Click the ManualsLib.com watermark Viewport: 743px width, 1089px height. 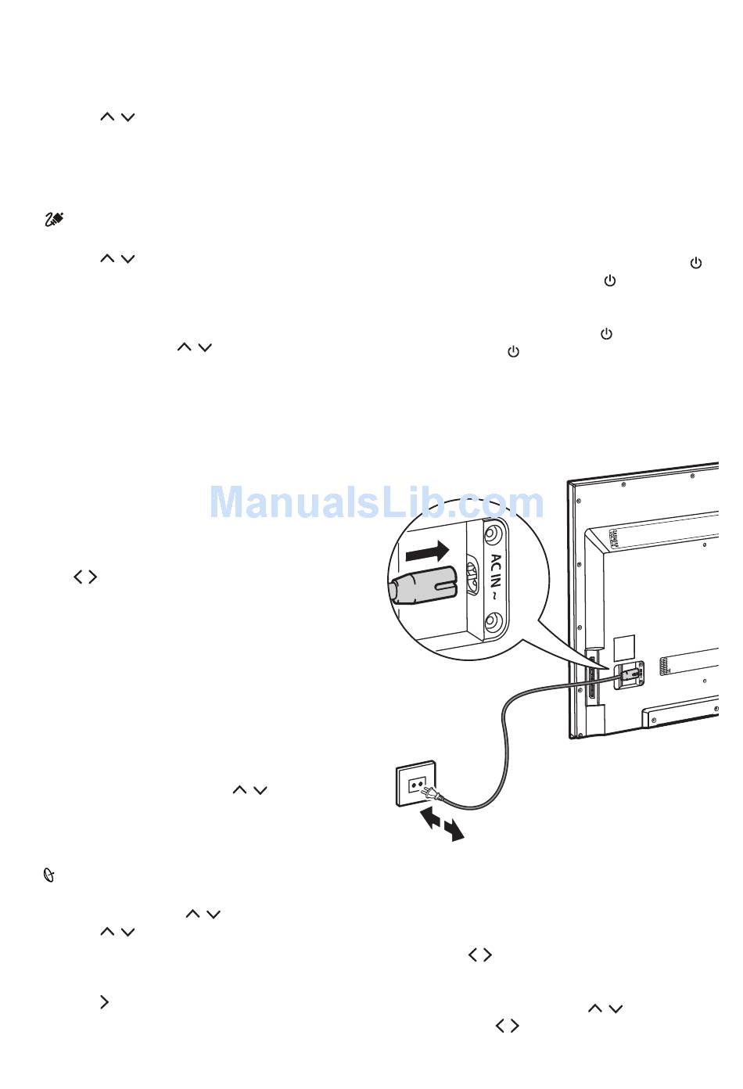376,503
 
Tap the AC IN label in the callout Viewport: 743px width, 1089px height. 496,571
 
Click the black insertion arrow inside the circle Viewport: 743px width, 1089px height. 427,553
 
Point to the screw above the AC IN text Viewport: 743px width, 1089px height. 492,536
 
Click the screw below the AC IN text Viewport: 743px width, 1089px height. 492,623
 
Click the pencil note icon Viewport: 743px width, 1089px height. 53,220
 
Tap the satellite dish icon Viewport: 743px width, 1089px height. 48,877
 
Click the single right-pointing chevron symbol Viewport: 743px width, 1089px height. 104,1002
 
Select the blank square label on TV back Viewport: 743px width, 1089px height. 623,646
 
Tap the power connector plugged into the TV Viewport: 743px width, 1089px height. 630,672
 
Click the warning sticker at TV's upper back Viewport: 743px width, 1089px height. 616,539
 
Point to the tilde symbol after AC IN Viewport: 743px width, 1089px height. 495,596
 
